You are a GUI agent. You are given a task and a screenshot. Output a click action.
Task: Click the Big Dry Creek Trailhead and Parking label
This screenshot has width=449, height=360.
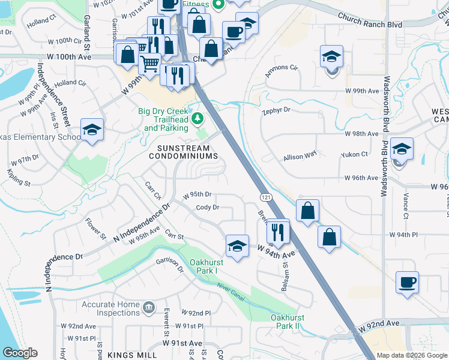click(x=163, y=119)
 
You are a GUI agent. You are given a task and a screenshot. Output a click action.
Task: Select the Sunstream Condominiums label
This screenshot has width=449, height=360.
click(x=184, y=152)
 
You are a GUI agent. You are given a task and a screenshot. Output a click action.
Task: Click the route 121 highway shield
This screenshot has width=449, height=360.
click(x=264, y=197)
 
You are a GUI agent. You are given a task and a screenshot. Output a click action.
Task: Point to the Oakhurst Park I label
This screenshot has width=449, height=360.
click(x=203, y=266)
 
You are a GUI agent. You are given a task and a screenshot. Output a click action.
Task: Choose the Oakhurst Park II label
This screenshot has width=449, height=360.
click(x=285, y=321)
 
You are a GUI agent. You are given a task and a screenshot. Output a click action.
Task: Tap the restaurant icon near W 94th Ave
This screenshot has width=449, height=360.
click(x=277, y=232)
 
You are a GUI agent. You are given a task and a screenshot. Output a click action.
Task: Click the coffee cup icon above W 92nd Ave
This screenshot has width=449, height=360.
click(x=407, y=282)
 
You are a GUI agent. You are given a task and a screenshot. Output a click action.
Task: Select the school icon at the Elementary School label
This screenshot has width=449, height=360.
click(x=92, y=130)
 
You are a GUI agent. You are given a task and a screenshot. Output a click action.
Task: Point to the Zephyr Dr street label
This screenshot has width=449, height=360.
click(x=276, y=110)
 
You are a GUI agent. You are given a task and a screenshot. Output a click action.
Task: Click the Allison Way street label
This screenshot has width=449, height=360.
click(x=300, y=156)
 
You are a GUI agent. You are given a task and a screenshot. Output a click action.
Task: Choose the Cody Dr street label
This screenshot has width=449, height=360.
click(x=207, y=208)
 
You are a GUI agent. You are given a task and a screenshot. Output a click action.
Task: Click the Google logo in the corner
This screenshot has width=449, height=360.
click(x=20, y=353)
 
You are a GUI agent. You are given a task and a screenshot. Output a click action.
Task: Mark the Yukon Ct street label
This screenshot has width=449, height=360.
click(x=354, y=154)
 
